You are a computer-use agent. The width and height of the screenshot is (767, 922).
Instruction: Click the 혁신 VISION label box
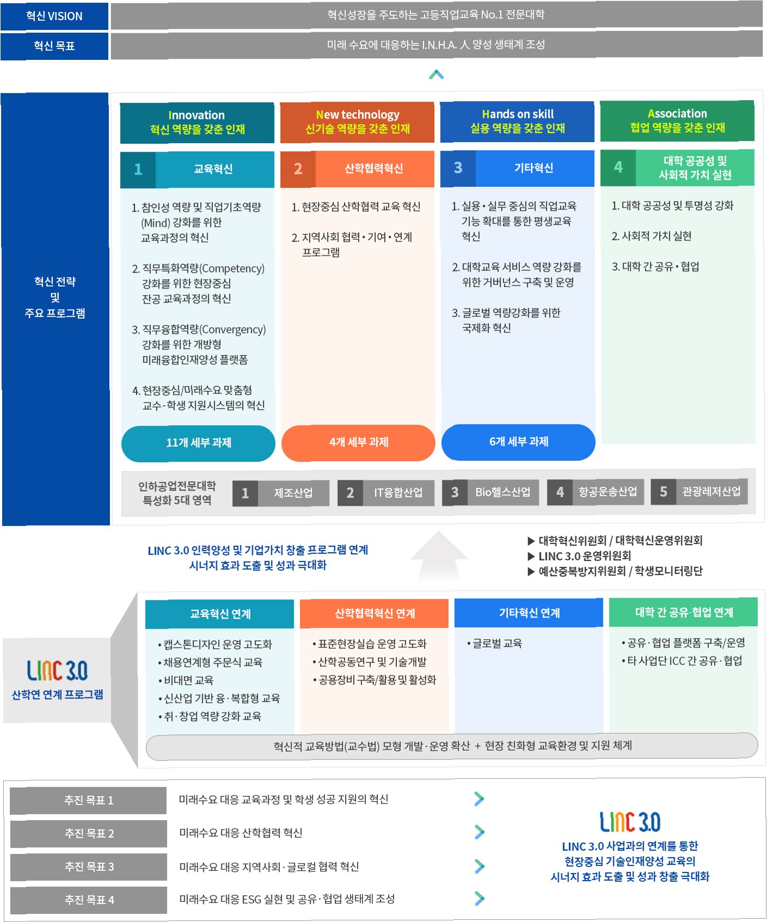click(54, 16)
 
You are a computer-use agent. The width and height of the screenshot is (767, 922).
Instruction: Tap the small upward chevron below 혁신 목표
click(436, 75)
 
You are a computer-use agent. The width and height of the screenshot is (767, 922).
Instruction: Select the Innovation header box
click(197, 122)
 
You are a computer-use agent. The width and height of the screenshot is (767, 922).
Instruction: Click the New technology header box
click(357, 122)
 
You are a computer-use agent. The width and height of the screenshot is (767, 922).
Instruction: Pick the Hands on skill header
click(517, 121)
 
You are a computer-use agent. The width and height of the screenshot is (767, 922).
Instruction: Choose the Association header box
click(677, 121)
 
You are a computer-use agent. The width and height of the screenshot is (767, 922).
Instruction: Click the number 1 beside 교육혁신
click(138, 169)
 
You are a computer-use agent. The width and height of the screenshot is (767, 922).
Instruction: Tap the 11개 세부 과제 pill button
click(198, 443)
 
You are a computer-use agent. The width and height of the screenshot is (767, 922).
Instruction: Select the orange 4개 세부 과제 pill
click(358, 442)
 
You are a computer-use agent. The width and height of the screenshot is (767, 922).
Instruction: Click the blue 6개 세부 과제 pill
click(518, 442)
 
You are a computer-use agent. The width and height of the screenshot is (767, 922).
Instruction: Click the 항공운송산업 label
click(607, 492)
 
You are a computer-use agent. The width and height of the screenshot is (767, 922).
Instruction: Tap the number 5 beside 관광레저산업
click(663, 492)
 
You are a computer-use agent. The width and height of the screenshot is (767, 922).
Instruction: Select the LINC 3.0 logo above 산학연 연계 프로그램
click(57, 671)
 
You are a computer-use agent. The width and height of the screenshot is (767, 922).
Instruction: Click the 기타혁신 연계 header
click(529, 613)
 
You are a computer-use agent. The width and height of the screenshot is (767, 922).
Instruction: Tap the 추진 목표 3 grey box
click(89, 867)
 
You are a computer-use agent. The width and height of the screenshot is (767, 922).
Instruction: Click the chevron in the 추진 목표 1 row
click(479, 799)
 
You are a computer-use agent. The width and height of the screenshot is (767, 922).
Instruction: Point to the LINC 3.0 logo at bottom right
click(630, 822)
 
